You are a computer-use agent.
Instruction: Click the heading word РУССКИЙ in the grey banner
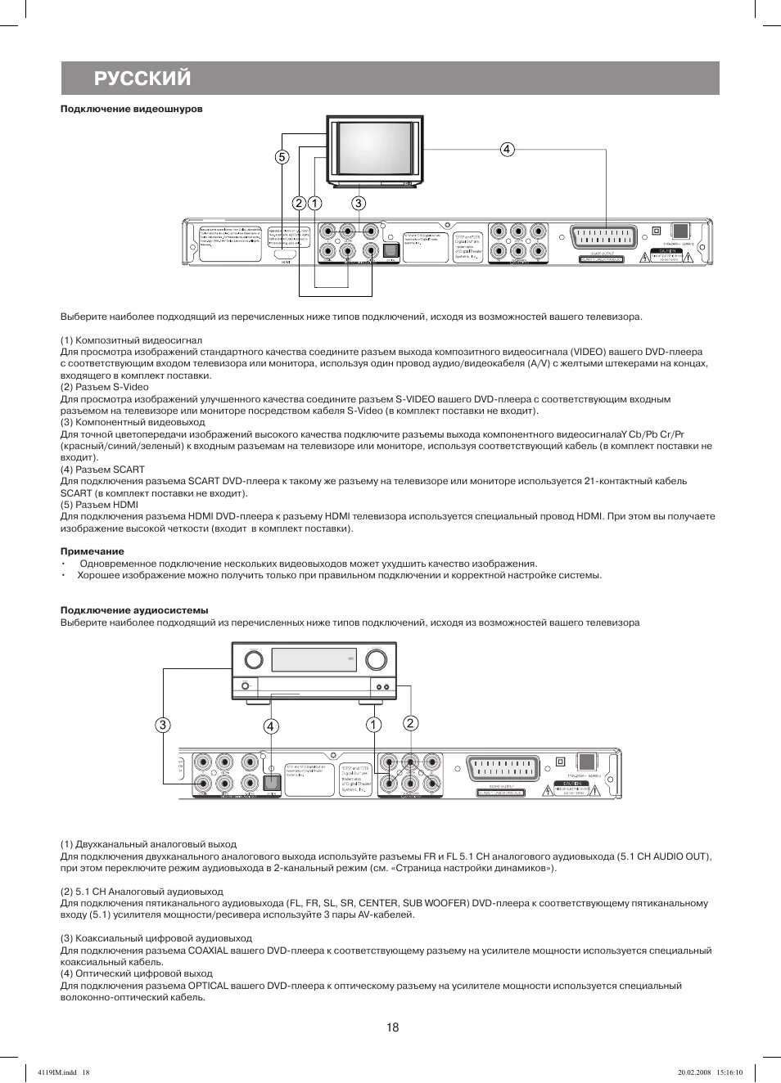(142, 79)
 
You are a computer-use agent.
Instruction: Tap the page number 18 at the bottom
(393, 1027)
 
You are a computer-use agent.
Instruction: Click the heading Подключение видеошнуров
(131, 109)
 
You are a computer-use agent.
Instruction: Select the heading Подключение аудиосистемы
(134, 610)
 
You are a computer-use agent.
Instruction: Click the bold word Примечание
(93, 551)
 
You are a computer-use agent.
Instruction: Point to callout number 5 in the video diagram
(282, 157)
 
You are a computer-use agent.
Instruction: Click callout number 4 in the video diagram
(508, 149)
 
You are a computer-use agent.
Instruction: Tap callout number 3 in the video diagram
(359, 203)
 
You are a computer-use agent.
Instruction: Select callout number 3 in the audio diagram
(163, 725)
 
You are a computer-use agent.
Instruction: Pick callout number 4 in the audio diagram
(271, 726)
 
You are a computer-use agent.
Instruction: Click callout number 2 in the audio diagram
(410, 723)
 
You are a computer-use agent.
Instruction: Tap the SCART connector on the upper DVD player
(606, 237)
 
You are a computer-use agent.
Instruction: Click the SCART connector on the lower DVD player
(503, 769)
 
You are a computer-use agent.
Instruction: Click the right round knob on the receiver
(377, 658)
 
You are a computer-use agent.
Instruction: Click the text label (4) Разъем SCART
(102, 470)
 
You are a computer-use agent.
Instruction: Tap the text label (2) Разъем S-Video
(105, 387)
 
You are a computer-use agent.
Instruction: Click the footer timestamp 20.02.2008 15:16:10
(710, 1072)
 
